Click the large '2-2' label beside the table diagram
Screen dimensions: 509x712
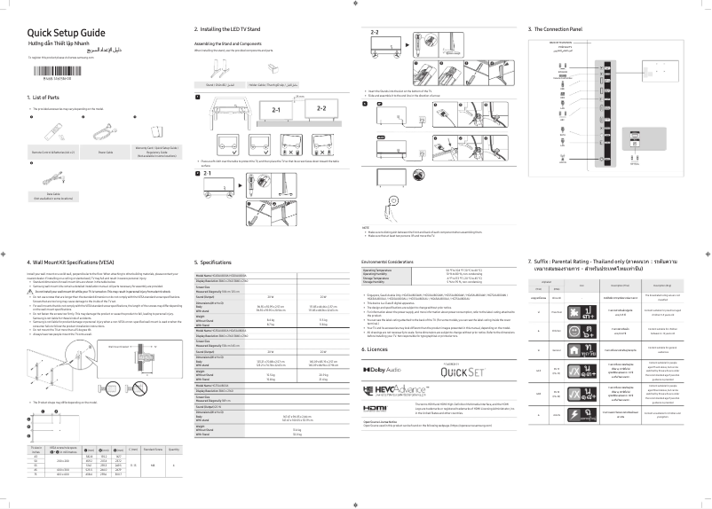320,107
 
